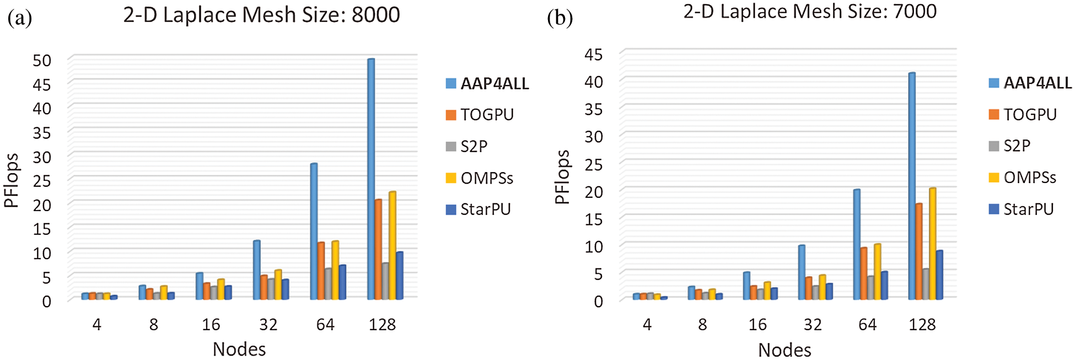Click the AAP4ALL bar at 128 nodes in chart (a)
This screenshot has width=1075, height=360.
click(x=371, y=179)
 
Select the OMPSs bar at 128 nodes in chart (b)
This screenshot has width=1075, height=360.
click(x=933, y=244)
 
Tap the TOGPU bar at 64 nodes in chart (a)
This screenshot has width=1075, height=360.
click(x=321, y=271)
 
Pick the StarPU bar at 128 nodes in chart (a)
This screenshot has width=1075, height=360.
click(x=400, y=276)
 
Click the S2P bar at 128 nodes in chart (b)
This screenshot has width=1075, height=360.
click(x=926, y=284)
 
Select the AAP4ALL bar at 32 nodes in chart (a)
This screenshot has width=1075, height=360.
click(x=256, y=270)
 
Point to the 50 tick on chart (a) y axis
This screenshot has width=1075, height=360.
click(x=42, y=60)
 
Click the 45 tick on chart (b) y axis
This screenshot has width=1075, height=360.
click(x=594, y=54)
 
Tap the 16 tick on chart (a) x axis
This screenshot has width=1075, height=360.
click(x=211, y=325)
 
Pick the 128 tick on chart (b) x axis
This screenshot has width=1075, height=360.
click(x=922, y=325)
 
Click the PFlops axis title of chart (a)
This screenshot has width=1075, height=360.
click(x=12, y=181)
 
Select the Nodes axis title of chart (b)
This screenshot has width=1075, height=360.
click(x=784, y=350)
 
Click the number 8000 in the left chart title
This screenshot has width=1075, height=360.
click(x=376, y=15)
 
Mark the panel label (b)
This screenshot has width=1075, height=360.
click(x=560, y=18)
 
